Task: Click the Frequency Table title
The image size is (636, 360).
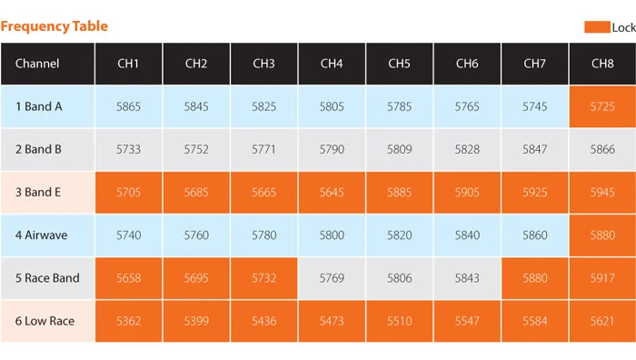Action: tap(55, 26)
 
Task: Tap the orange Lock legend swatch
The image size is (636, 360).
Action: tap(597, 27)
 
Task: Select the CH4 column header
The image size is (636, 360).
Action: tap(332, 64)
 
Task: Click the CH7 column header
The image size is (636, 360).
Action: tap(534, 64)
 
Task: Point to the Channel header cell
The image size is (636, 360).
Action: tap(47, 64)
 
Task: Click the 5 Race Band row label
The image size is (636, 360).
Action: tap(47, 278)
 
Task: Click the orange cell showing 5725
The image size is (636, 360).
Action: tap(602, 106)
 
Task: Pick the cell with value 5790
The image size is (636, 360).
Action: tap(332, 150)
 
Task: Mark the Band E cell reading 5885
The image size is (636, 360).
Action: tap(400, 193)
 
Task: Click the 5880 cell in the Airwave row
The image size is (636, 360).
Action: tap(602, 235)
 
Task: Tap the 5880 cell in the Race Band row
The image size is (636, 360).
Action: tap(534, 278)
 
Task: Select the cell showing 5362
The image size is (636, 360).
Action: tap(129, 321)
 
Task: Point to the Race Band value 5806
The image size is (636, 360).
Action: tap(400, 278)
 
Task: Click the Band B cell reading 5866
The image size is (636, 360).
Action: tap(602, 150)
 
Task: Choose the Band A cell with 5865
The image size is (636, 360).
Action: tap(129, 106)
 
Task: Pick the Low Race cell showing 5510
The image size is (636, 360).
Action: tap(400, 321)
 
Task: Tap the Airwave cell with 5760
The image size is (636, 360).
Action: tap(196, 235)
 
